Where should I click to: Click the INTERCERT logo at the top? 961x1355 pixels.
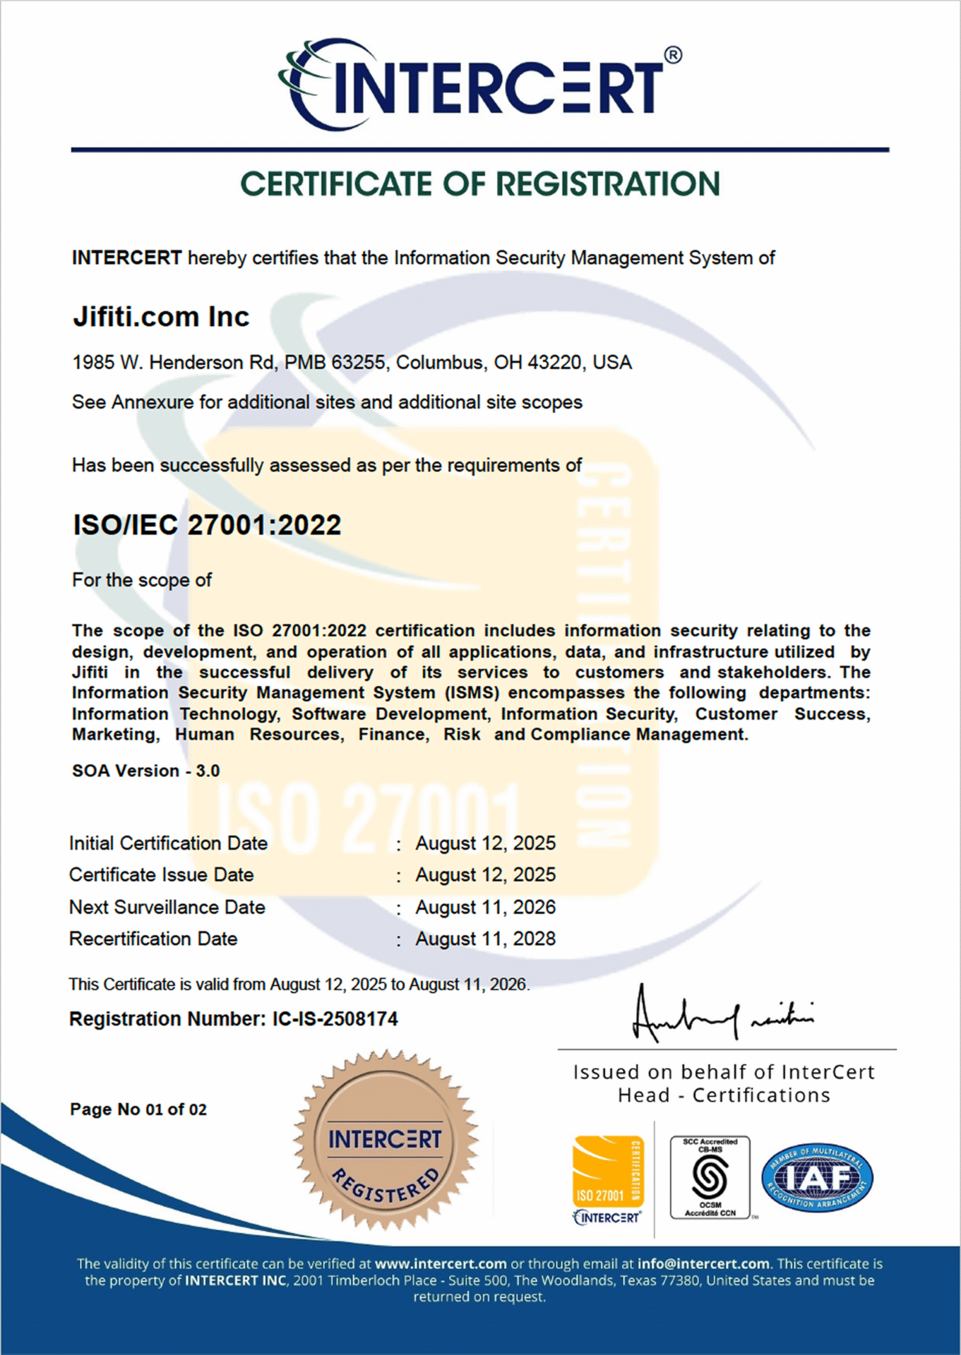pos(472,86)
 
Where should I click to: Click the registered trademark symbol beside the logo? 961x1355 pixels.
pos(673,55)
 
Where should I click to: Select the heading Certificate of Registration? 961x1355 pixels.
pos(479,184)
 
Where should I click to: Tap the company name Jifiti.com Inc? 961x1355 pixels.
pos(161,317)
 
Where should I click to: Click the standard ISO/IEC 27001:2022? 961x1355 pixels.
pos(207,525)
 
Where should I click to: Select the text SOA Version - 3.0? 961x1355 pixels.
pos(145,771)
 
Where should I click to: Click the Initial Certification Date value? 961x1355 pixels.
pos(485,843)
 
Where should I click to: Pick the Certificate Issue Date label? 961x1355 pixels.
pos(161,875)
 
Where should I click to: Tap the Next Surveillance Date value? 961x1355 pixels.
pos(485,908)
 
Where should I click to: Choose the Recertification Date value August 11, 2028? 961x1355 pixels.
pos(485,939)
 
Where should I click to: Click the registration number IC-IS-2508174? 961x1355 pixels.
pos(335,1019)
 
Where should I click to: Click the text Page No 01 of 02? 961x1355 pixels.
pos(138,1109)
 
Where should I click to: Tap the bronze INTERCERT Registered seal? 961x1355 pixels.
pos(385,1140)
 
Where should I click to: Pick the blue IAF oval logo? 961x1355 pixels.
pos(817,1177)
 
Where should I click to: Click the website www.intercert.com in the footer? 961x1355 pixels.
pos(441,1264)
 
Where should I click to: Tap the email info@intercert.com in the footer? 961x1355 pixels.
pos(703,1264)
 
